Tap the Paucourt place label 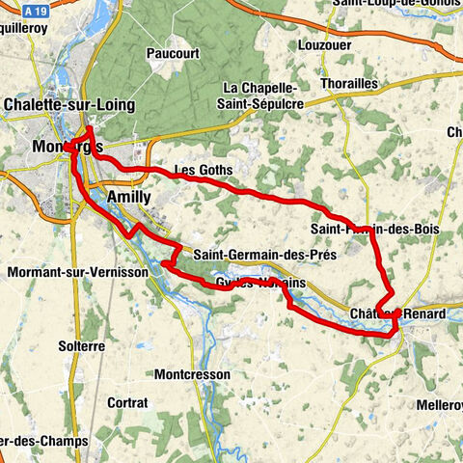click(x=173, y=54)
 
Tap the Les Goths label click(x=203, y=170)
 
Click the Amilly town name click(x=128, y=196)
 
